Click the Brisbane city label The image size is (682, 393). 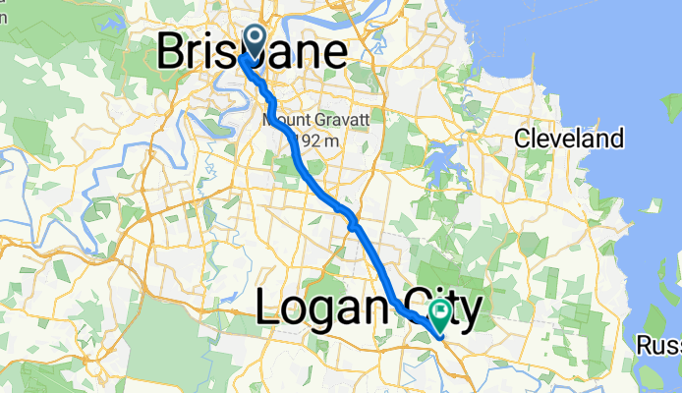click(252, 53)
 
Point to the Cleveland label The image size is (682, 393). click(570, 139)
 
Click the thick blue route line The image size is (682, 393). click(324, 188)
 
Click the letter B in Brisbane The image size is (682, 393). click(171, 53)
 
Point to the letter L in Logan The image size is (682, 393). click(267, 311)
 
